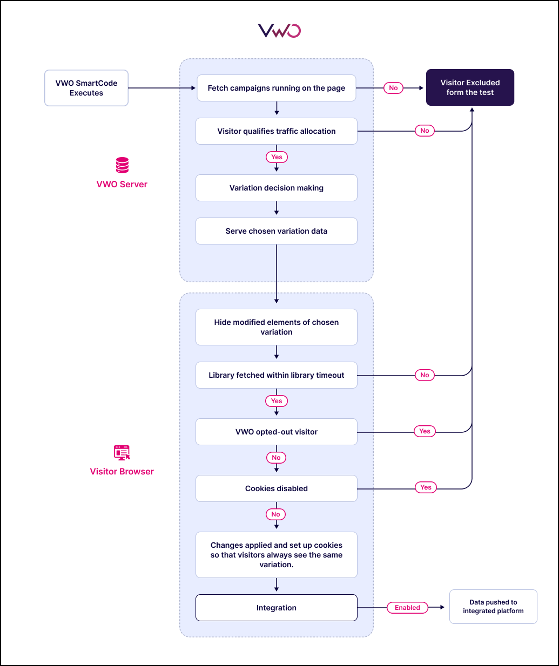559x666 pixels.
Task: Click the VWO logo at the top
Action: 279,31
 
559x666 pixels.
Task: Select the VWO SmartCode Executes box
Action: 86,88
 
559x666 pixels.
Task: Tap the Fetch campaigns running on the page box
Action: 276,88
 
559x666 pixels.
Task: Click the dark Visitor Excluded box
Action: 470,87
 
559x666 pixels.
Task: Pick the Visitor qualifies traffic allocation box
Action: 276,131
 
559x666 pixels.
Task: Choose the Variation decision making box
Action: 276,188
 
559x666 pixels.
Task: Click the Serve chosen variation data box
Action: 276,231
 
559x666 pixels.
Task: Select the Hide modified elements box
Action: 276,327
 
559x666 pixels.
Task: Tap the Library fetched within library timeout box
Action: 276,375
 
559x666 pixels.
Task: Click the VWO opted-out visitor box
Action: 276,432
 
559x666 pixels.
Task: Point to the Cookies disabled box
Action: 276,488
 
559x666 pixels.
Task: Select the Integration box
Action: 276,608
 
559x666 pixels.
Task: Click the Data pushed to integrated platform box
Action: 493,607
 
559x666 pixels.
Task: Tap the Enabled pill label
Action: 407,608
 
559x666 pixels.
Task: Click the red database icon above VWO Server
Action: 123,165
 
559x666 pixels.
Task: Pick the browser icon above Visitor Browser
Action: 122,453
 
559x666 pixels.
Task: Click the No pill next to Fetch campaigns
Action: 393,88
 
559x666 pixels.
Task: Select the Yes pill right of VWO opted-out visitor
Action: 425,431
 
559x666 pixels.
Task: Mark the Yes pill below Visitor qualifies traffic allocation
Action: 277,157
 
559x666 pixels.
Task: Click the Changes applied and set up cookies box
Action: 276,555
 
